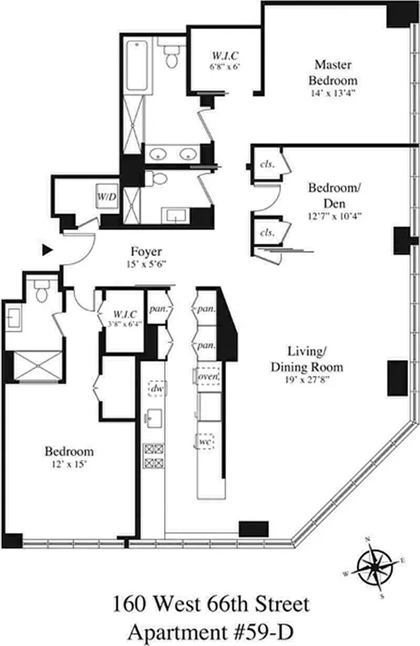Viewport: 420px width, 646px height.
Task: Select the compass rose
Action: pyautogui.click(x=373, y=563)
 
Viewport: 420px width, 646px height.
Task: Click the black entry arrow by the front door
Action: pyautogui.click(x=48, y=251)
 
